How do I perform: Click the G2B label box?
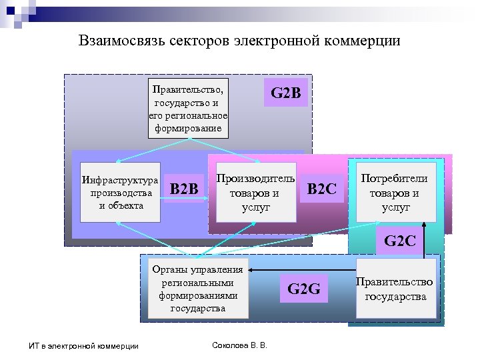pos(287,93)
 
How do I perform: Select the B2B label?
pos(185,189)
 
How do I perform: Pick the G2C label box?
pos(399,241)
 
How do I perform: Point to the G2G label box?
pos(304,289)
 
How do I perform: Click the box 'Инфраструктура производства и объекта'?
pos(121,192)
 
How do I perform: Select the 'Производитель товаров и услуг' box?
pos(255,192)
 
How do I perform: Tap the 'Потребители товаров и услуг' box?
pos(396,192)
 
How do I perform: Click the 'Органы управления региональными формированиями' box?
pos(197,289)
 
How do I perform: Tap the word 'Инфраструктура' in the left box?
pos(120,180)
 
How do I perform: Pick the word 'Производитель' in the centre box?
pos(256,179)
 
